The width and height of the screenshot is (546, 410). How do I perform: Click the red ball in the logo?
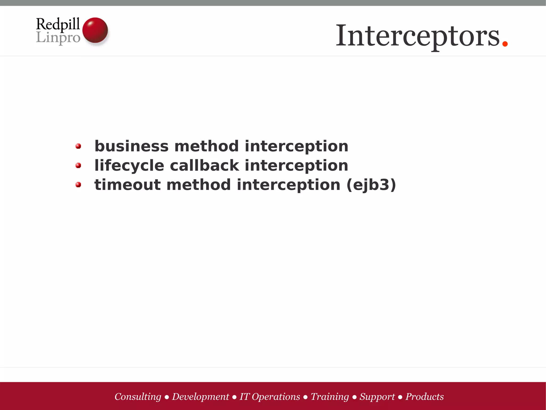tap(95, 30)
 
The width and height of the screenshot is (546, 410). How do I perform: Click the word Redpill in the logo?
tap(58, 24)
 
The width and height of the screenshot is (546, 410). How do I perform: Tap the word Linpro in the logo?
tap(58, 37)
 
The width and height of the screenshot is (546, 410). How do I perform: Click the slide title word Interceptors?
tap(417, 36)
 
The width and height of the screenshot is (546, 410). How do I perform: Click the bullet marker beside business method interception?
tap(78, 146)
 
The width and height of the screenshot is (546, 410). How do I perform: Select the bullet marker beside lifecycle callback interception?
tap(78, 166)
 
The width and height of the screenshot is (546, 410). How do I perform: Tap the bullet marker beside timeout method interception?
tap(78, 185)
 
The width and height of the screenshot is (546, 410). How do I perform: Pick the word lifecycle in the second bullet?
tap(129, 165)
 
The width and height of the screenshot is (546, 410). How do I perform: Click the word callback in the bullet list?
tap(204, 165)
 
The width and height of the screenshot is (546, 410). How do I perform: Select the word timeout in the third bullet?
tap(127, 185)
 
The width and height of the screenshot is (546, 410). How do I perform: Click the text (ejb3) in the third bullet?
tap(371, 185)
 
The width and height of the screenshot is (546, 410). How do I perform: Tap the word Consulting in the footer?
tap(138, 397)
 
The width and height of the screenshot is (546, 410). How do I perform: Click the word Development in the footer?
tap(200, 397)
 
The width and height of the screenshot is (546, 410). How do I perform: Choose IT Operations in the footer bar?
tap(270, 397)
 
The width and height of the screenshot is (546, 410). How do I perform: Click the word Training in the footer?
tap(330, 397)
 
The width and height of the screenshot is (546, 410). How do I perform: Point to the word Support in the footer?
tap(377, 397)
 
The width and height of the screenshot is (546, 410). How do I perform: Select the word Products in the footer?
tap(424, 397)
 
